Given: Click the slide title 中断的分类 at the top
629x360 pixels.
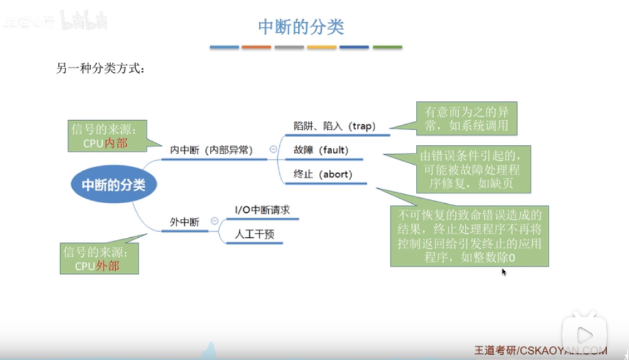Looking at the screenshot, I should (x=301, y=27).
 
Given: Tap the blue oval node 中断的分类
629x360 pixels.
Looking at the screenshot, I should (x=114, y=185).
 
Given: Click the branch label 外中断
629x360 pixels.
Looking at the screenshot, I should (x=184, y=222).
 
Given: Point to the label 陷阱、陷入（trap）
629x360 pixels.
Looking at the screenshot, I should (x=335, y=125).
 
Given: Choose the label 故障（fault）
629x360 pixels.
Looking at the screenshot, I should (x=321, y=150).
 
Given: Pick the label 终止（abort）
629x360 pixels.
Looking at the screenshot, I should (x=323, y=174).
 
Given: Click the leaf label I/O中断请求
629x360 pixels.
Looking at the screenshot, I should (x=262, y=210).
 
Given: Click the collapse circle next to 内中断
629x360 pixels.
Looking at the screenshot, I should (x=273, y=150).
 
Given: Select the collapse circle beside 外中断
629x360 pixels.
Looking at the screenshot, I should (x=214, y=222).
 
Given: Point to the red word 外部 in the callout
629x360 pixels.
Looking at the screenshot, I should (x=108, y=267).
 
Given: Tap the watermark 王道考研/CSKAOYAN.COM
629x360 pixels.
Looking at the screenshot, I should (x=541, y=351).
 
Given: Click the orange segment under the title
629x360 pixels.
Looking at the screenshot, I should (x=256, y=47).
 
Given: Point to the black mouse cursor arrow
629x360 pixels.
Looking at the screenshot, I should (x=504, y=271).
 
